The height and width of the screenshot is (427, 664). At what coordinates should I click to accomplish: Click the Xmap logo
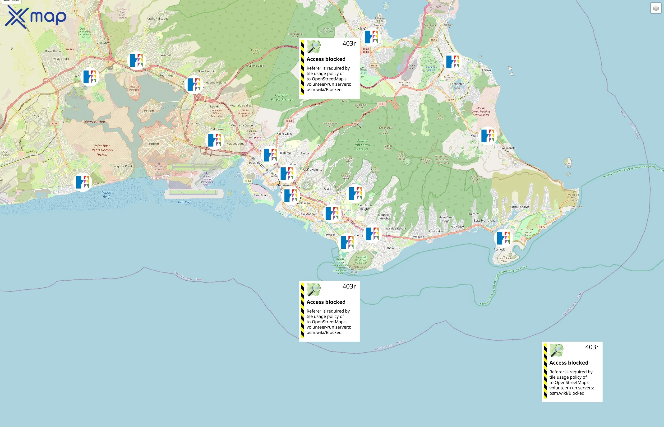point(36,17)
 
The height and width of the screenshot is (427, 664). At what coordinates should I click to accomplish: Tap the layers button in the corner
point(656,8)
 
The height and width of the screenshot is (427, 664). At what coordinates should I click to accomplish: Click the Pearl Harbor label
point(95,122)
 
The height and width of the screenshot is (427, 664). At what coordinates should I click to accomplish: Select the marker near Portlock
point(503,238)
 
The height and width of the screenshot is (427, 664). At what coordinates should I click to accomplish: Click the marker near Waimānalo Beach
point(488,136)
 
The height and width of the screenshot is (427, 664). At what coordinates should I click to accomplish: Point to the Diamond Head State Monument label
point(361,260)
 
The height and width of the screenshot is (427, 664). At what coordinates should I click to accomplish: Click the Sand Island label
point(261,195)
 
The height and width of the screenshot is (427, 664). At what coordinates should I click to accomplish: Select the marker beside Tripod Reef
point(83,182)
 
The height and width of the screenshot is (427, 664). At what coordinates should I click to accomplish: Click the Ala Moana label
point(308,214)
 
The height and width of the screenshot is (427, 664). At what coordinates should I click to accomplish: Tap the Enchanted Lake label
point(457,86)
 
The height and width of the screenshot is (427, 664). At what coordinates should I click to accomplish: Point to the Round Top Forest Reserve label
point(362,145)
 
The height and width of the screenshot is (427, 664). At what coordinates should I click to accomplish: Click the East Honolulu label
point(484,221)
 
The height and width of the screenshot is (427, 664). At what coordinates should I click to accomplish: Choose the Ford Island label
point(148,111)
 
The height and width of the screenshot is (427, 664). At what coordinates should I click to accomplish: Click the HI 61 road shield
point(382,104)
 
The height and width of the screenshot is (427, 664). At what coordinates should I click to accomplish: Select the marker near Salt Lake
point(215,140)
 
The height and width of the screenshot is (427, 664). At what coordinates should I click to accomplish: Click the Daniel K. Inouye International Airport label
point(207,180)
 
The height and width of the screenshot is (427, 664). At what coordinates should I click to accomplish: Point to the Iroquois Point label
point(123,166)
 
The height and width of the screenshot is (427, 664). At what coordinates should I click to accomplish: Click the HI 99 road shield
point(75,11)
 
